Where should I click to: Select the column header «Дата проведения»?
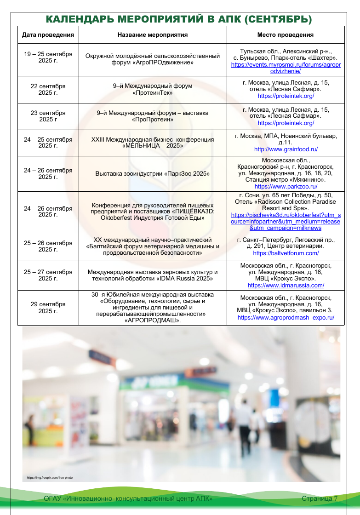click(48, 35)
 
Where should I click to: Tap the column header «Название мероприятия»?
click(153, 35)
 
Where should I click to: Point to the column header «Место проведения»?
click(285, 35)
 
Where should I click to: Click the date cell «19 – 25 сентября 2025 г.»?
click(48, 57)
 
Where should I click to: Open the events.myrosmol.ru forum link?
click(286, 68)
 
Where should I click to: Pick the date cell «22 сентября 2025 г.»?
click(48, 89)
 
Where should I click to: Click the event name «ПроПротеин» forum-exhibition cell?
click(153, 116)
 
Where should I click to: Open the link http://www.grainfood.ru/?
click(286, 149)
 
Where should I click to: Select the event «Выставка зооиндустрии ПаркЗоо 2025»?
click(153, 174)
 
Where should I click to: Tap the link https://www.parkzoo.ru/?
click(286, 187)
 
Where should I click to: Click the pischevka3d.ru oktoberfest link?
click(286, 221)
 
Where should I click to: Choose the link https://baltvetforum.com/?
click(286, 253)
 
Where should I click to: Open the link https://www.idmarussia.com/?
click(286, 285)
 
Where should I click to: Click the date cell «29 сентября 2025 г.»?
click(48, 308)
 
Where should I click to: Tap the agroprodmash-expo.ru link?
click(286, 317)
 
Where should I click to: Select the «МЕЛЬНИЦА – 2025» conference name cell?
click(153, 143)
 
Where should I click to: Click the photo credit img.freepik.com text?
click(50, 478)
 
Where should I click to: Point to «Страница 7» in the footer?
click(320, 499)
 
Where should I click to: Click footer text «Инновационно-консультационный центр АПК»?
click(128, 499)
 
